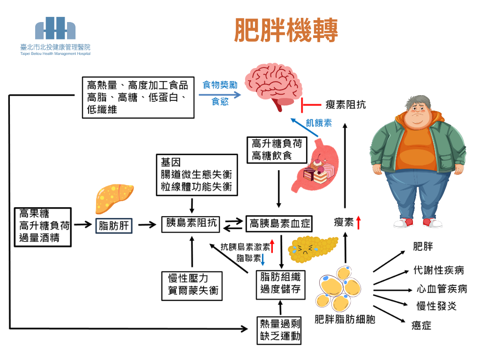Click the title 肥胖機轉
pos(286,30)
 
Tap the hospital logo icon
pos(55,29)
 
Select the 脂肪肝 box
pos(114,226)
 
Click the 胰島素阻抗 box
pos(191,224)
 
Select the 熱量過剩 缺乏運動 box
pos(280,330)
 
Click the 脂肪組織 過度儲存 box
pos(280,283)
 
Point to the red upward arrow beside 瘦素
pos(359,222)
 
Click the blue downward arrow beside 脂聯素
pos(263,259)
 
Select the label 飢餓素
pos(319,123)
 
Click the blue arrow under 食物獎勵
pos(219,94)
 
